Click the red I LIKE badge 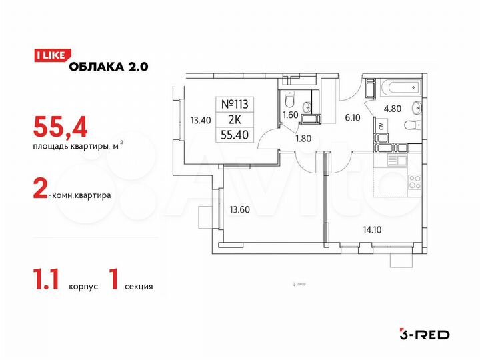coord(49,56)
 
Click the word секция coord(138,287)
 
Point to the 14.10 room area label coord(354,233)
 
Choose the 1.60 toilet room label coord(291,114)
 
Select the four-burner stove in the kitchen coord(414,181)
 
